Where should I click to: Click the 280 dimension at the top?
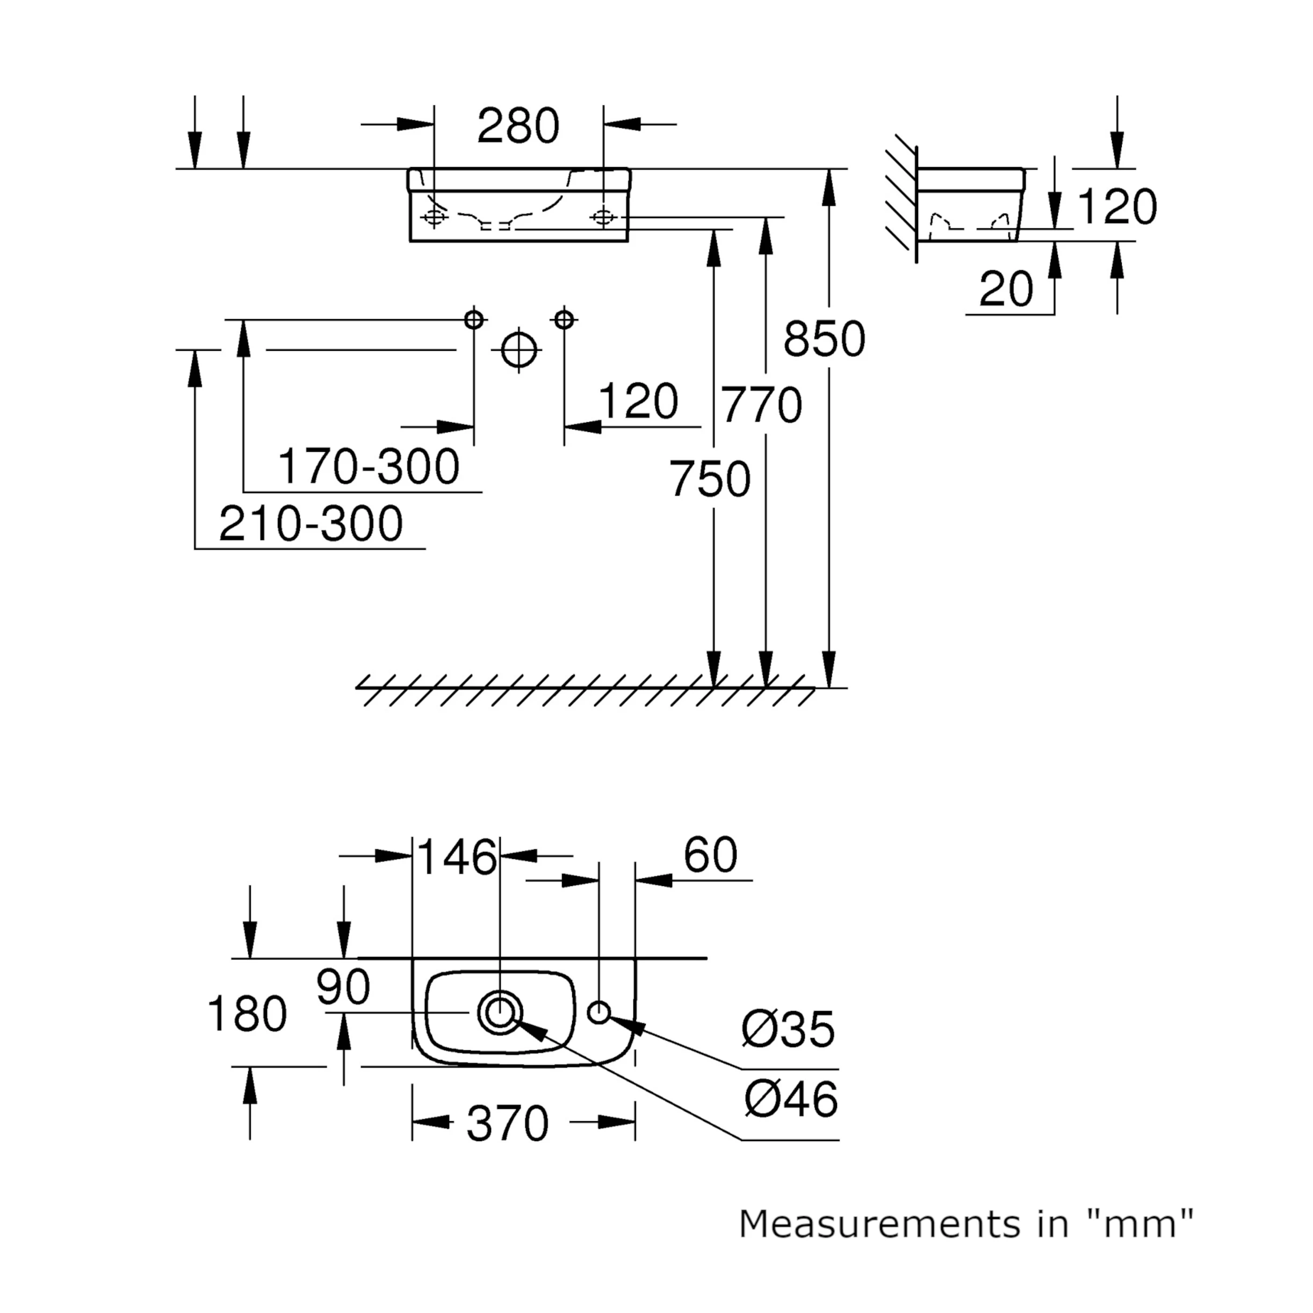coord(518,126)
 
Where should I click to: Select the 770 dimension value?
coord(761,406)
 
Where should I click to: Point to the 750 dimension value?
coord(710,479)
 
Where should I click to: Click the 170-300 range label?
coord(369,467)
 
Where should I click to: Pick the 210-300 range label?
coord(311,524)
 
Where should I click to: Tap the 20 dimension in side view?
coord(1006,290)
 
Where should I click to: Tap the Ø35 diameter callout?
coord(788,1029)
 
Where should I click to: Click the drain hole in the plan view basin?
coord(500,1013)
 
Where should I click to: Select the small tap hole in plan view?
coord(598,1013)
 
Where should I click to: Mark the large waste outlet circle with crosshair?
coord(519,351)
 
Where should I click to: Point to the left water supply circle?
coord(474,320)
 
